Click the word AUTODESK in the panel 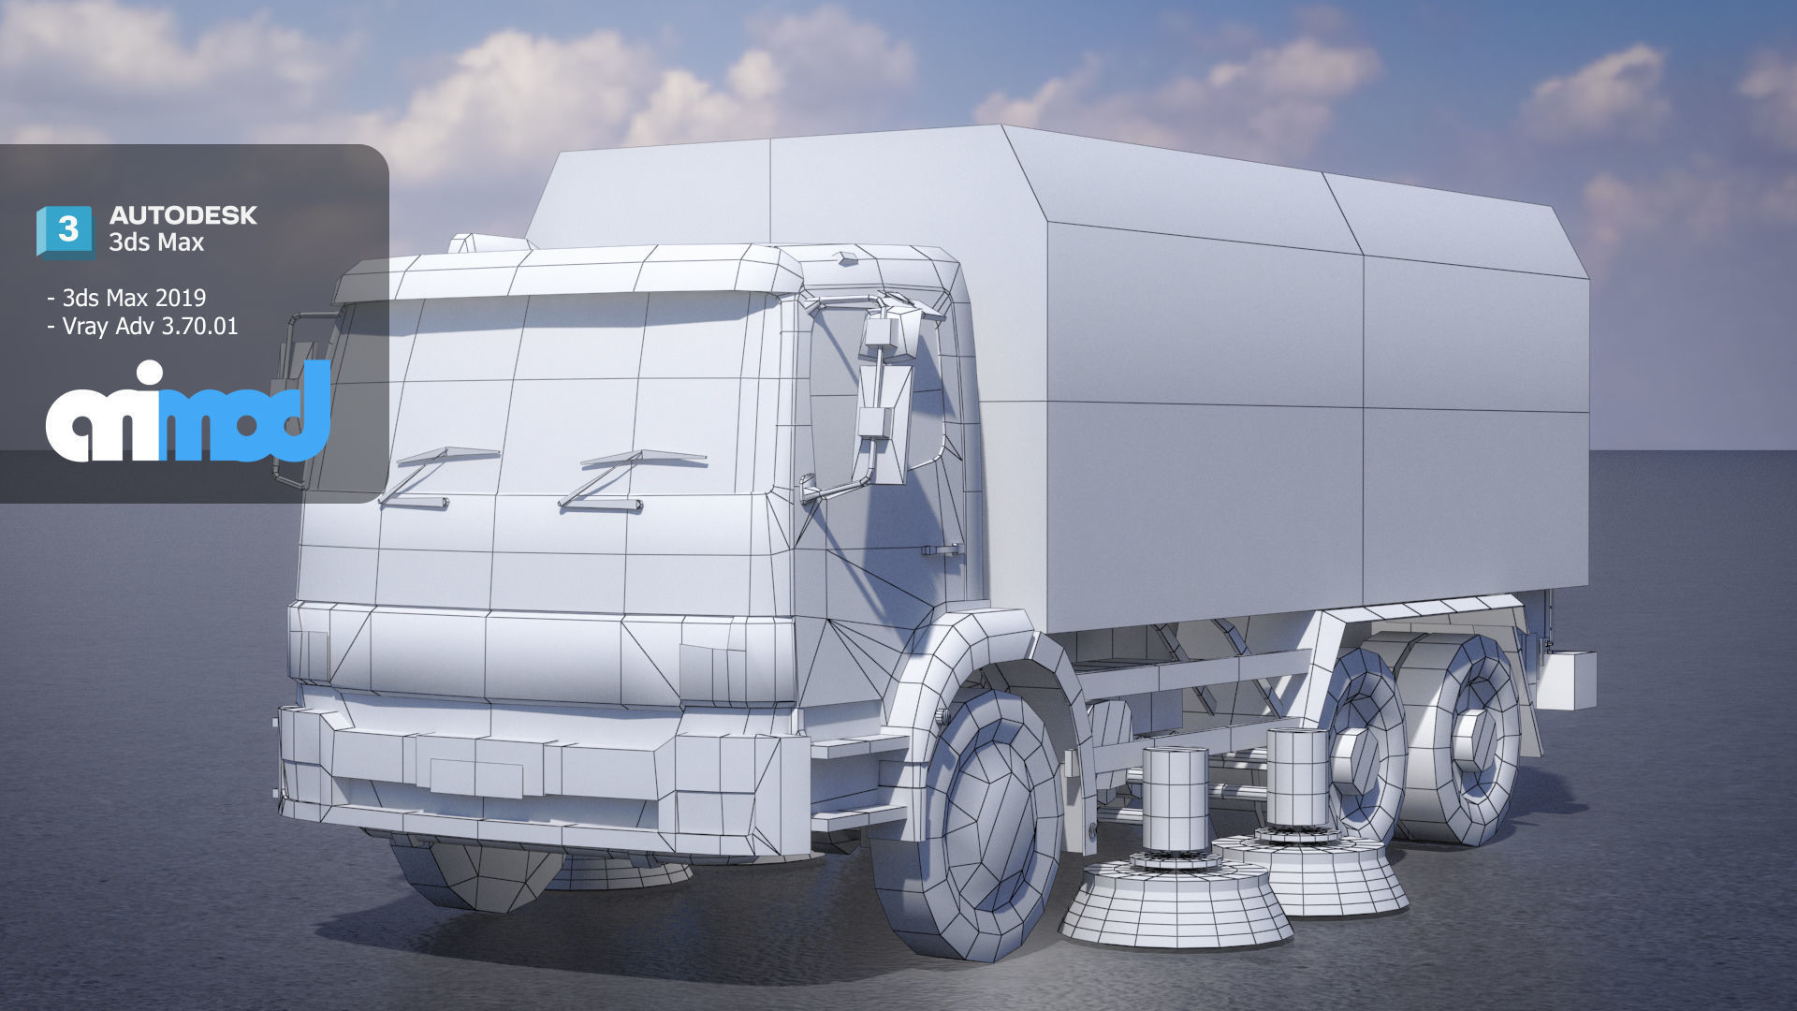tap(183, 215)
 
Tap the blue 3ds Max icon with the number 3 tap(66, 230)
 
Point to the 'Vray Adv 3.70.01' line tap(150, 326)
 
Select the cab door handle tap(942, 549)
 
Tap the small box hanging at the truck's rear tap(1566, 680)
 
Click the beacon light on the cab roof tap(487, 243)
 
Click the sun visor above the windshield tap(562, 276)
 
